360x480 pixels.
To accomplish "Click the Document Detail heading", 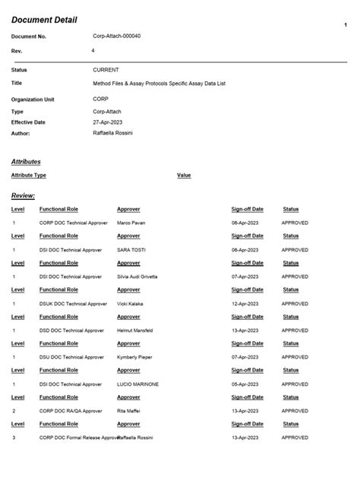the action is pyautogui.click(x=43, y=19).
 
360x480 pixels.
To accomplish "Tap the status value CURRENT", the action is pyautogui.click(x=106, y=69).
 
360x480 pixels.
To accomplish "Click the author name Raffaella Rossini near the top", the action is pyautogui.click(x=112, y=132).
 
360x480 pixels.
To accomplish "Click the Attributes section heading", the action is pyautogui.click(x=26, y=161).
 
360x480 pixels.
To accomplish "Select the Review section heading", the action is pyautogui.click(x=23, y=195).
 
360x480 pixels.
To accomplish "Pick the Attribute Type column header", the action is pyautogui.click(x=29, y=175).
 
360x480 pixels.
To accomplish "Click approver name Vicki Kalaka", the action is pyautogui.click(x=131, y=303).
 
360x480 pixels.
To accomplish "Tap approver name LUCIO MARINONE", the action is pyautogui.click(x=137, y=384).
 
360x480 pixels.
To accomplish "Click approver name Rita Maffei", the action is pyautogui.click(x=129, y=411).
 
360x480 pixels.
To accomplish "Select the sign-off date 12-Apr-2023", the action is pyautogui.click(x=247, y=303).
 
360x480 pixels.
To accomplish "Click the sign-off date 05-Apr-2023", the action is pyautogui.click(x=247, y=384).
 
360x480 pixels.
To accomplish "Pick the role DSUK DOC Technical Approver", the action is pyautogui.click(x=73, y=303).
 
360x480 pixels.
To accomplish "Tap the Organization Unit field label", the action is pyautogui.click(x=33, y=99).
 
